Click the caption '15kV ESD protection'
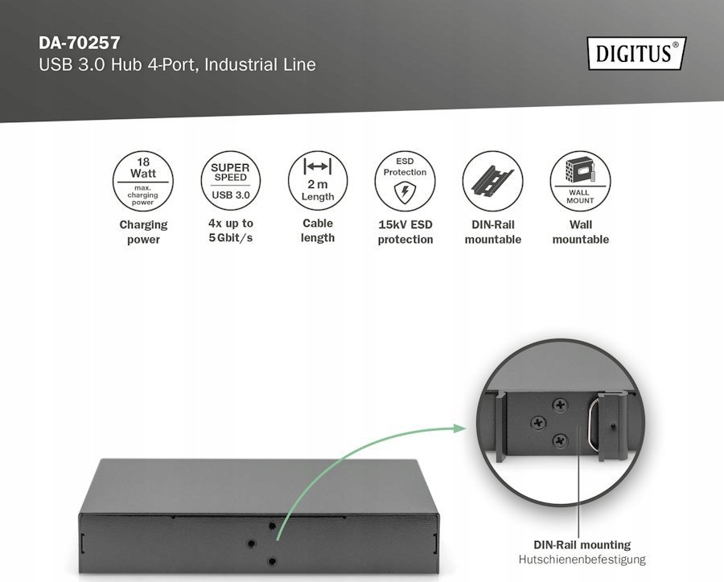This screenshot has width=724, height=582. (x=405, y=232)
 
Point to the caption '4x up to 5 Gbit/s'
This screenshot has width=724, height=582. (x=230, y=231)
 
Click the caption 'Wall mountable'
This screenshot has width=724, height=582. (x=580, y=232)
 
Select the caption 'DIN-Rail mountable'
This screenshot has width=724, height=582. (x=492, y=232)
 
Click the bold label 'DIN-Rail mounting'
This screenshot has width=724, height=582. (x=582, y=544)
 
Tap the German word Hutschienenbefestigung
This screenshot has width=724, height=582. (x=582, y=559)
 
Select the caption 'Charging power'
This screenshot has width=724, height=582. (x=143, y=232)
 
